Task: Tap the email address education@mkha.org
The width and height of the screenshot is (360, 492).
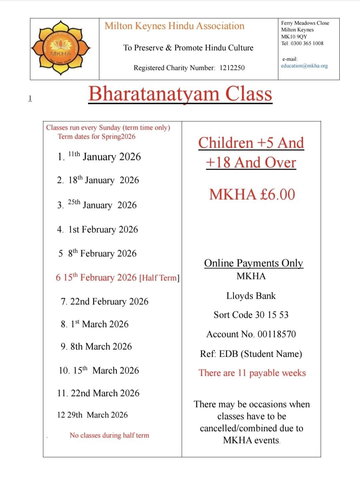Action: pyautogui.click(x=304, y=66)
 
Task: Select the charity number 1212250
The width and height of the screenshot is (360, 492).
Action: pyautogui.click(x=232, y=68)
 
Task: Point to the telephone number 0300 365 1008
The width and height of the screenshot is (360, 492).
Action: pyautogui.click(x=307, y=43)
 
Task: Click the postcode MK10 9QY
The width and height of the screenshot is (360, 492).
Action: pyautogui.click(x=294, y=37)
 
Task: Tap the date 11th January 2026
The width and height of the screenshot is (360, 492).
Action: pyautogui.click(x=104, y=156)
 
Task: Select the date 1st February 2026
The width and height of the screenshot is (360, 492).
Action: pyautogui.click(x=103, y=229)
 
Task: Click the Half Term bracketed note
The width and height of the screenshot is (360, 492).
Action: pyautogui.click(x=159, y=278)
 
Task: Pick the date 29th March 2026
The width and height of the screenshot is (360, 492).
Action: pyautogui.click(x=97, y=415)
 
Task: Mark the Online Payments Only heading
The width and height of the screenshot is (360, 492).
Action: pyautogui.click(x=253, y=263)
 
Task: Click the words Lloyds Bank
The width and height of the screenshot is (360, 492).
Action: pyautogui.click(x=251, y=296)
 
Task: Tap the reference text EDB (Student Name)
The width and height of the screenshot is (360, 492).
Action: pyautogui.click(x=260, y=354)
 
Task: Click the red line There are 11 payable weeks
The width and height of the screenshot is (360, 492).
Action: pyautogui.click(x=252, y=373)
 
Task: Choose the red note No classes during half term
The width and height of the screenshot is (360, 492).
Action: pyautogui.click(x=109, y=435)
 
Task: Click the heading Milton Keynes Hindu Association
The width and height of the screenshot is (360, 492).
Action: pyautogui.click(x=174, y=26)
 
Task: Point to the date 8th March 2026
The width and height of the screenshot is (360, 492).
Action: pyautogui.click(x=101, y=347)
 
